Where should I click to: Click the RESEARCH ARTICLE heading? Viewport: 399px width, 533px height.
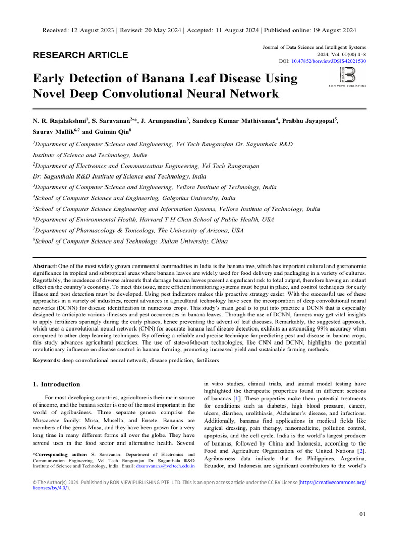click(81, 55)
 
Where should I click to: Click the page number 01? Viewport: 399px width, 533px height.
click(363, 514)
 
